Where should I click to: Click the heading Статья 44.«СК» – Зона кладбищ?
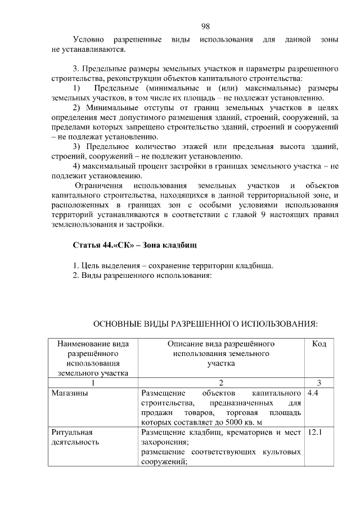[x=134, y=246]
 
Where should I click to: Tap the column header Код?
[x=319, y=344]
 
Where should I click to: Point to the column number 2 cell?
[x=220, y=382]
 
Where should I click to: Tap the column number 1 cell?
[x=92, y=382]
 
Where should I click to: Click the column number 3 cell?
[x=319, y=382]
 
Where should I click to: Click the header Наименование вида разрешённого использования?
[x=92, y=358]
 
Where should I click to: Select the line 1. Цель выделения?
[x=173, y=265]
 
